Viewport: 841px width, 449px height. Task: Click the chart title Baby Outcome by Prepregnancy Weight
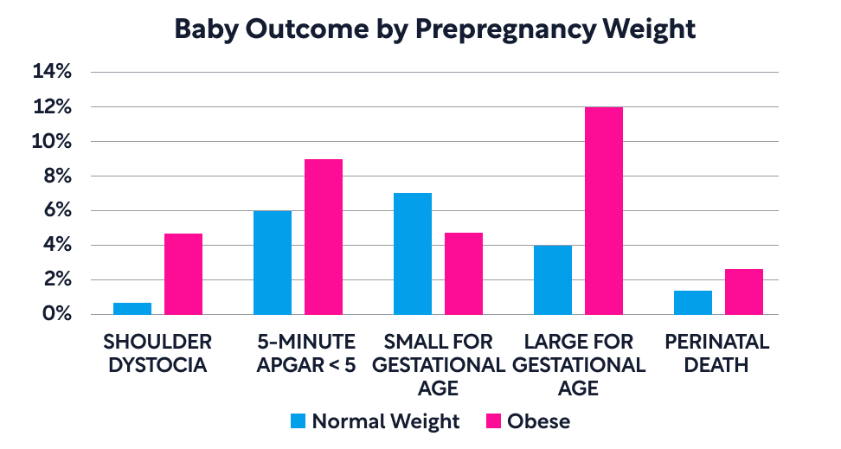pyautogui.click(x=434, y=29)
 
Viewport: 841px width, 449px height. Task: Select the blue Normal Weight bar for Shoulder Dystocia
pyautogui.click(x=132, y=309)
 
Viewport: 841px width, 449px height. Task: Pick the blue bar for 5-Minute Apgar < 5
pyautogui.click(x=273, y=263)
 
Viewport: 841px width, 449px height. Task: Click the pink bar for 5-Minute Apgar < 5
pyautogui.click(x=324, y=237)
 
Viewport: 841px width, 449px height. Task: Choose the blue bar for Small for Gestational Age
pyautogui.click(x=413, y=254)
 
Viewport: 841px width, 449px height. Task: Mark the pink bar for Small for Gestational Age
pyautogui.click(x=464, y=274)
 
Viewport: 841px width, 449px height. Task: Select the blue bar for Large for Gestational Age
pyautogui.click(x=553, y=280)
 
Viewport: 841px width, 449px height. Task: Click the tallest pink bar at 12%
pyautogui.click(x=604, y=211)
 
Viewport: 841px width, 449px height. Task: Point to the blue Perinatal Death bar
pyautogui.click(x=693, y=303)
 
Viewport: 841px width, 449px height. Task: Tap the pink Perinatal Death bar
pyautogui.click(x=744, y=292)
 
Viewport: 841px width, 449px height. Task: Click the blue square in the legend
pyautogui.click(x=299, y=421)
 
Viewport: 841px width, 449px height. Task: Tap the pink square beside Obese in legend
pyautogui.click(x=493, y=421)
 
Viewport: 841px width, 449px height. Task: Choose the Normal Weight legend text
pyautogui.click(x=386, y=421)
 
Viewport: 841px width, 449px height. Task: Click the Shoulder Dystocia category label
pyautogui.click(x=157, y=353)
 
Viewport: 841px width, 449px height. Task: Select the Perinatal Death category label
pyautogui.click(x=716, y=353)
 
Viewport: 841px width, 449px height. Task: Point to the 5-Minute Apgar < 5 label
pyautogui.click(x=305, y=353)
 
